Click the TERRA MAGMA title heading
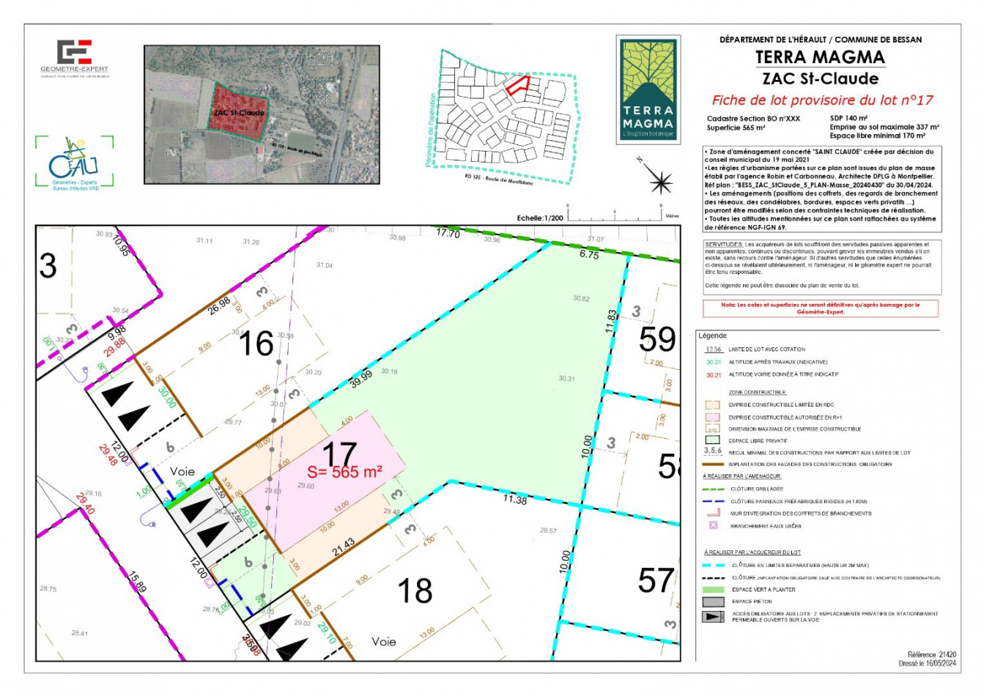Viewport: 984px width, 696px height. click(x=820, y=57)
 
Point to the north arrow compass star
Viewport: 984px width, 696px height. click(x=660, y=180)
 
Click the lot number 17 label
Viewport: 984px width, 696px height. click(x=339, y=453)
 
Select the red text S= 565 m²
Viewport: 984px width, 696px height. click(x=344, y=473)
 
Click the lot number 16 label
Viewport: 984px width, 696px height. click(x=256, y=344)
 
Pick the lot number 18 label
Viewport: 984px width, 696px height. click(x=414, y=591)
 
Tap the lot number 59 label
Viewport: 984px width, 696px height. click(x=656, y=339)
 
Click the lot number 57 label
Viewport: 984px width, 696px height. click(x=655, y=581)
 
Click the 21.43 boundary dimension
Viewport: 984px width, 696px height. click(x=343, y=547)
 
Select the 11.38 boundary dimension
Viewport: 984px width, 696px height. click(x=515, y=500)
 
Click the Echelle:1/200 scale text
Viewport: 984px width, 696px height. click(x=540, y=218)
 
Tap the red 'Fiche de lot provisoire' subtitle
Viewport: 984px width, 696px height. click(x=822, y=100)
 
